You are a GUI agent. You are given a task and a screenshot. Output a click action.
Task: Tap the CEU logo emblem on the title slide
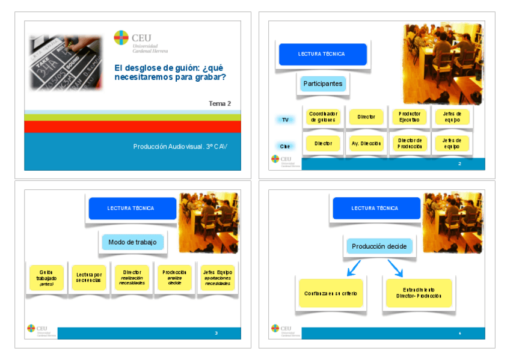(121, 38)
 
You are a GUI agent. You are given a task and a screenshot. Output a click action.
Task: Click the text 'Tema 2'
(220, 103)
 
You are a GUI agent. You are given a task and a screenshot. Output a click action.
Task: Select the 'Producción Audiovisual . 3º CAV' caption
(180, 146)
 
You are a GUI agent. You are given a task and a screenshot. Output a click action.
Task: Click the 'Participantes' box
(323, 84)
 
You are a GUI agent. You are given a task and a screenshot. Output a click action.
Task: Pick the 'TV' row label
(285, 120)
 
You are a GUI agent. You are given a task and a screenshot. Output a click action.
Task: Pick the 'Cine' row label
(285, 146)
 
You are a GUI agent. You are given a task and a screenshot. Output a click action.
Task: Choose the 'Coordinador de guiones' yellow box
(323, 117)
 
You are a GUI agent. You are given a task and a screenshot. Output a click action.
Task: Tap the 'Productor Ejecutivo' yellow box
(410, 117)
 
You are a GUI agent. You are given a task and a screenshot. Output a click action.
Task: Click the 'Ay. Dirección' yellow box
(366, 144)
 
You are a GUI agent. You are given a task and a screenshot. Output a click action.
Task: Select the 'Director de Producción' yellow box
(410, 144)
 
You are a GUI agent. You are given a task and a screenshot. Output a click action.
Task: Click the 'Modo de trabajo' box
(132, 242)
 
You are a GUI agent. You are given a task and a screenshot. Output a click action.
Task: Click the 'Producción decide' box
(379, 246)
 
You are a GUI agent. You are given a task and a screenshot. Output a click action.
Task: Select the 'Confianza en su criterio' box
(330, 293)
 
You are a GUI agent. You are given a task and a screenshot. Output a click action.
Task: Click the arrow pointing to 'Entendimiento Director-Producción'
(395, 268)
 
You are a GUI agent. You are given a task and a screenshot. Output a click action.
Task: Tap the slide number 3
(216, 333)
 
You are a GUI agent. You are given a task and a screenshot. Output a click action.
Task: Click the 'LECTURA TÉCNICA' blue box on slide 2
(322, 54)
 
